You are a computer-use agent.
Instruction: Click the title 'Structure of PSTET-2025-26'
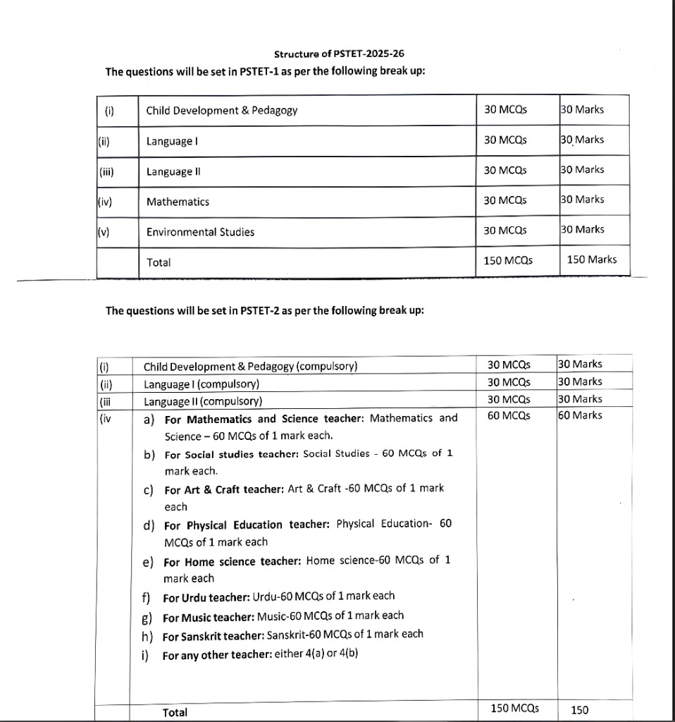click(x=339, y=54)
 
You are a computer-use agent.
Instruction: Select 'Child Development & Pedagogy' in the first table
click(x=221, y=110)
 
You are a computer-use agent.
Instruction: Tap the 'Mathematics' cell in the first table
click(x=178, y=202)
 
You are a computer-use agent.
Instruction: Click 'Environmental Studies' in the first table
click(x=200, y=232)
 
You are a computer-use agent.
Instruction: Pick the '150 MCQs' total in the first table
click(x=508, y=261)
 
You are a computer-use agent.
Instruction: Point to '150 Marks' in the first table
click(x=591, y=259)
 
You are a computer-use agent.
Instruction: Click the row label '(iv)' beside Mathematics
click(x=105, y=202)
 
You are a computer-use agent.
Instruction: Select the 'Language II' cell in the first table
click(x=171, y=171)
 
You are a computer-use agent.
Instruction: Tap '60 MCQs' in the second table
click(x=508, y=416)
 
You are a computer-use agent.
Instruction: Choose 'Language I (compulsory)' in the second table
click(x=202, y=384)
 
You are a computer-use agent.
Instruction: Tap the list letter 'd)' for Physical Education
click(x=149, y=525)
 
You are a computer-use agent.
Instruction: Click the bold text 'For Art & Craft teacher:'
click(x=224, y=489)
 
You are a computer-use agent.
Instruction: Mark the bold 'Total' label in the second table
click(x=175, y=712)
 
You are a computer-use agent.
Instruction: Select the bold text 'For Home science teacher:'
click(x=233, y=562)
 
